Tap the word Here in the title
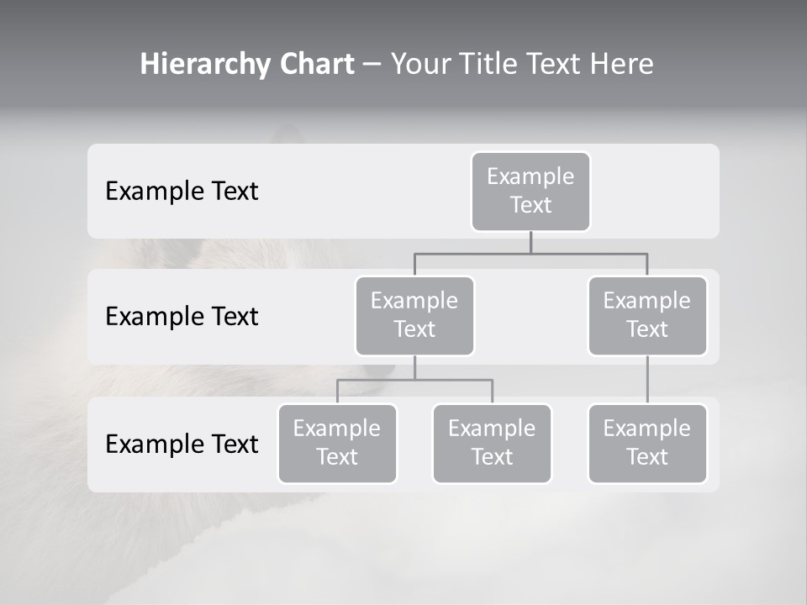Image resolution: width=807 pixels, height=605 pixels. click(620, 64)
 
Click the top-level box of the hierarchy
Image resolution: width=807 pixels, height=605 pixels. click(530, 191)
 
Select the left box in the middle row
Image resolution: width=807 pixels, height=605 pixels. click(414, 315)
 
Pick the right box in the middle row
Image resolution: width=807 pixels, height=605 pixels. click(647, 315)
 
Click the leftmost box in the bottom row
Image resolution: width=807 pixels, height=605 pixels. click(337, 443)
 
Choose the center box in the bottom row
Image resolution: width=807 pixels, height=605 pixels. click(492, 443)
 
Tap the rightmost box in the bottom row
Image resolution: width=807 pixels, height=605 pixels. click(647, 443)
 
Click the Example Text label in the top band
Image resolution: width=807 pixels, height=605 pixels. click(182, 191)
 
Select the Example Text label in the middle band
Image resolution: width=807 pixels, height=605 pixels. click(182, 316)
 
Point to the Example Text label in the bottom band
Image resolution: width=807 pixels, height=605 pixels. click(182, 444)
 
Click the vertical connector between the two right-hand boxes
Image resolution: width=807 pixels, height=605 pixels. click(647, 380)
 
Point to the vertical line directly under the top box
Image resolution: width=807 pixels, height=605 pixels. click(530, 242)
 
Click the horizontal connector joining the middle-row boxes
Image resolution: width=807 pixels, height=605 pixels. click(530, 253)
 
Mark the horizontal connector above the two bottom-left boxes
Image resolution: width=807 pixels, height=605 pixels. click(414, 380)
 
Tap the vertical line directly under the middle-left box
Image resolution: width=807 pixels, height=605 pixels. click(414, 367)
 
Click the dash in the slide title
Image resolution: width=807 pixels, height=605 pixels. click(372, 64)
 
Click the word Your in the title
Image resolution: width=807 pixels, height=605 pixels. click(420, 64)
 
